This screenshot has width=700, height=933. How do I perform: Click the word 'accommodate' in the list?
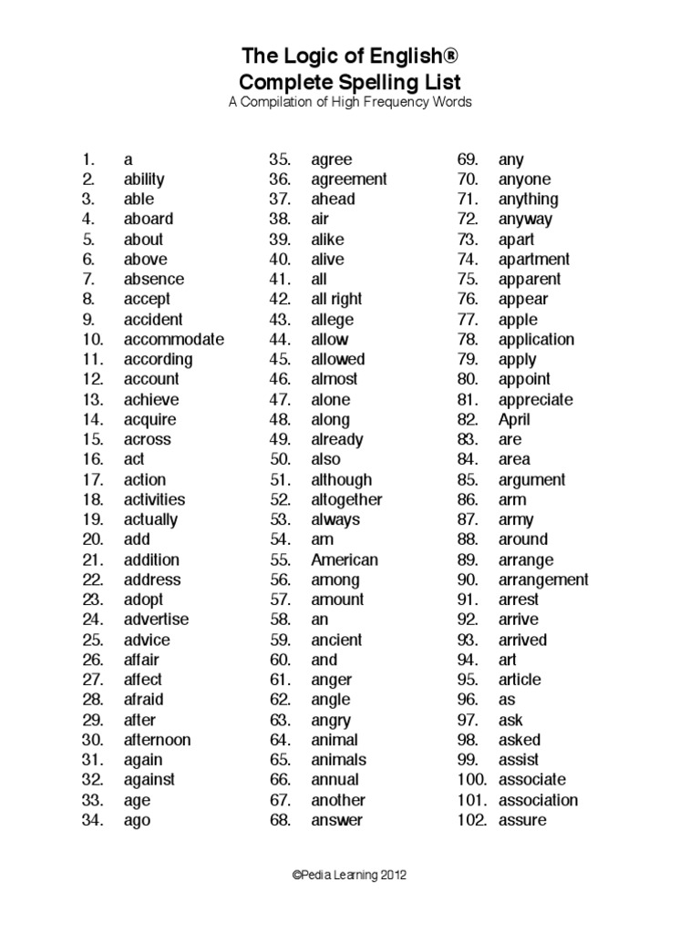(173, 340)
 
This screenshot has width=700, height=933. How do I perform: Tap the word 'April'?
(514, 419)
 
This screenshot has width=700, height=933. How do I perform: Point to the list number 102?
(472, 820)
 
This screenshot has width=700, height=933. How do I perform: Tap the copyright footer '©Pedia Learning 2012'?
(349, 875)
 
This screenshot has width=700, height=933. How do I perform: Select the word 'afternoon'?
(157, 740)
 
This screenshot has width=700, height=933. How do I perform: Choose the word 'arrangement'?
(543, 579)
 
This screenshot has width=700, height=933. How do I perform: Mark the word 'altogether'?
(346, 499)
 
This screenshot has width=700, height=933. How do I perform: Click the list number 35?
(279, 159)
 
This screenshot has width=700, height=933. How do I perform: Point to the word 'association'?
(538, 800)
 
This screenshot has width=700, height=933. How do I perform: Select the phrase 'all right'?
(336, 299)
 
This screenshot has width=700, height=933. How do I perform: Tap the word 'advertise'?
(156, 620)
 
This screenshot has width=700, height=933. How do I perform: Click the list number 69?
(468, 159)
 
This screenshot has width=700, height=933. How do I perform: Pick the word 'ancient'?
(336, 640)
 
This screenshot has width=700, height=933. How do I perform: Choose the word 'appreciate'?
(535, 399)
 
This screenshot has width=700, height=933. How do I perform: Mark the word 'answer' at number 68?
(336, 820)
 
